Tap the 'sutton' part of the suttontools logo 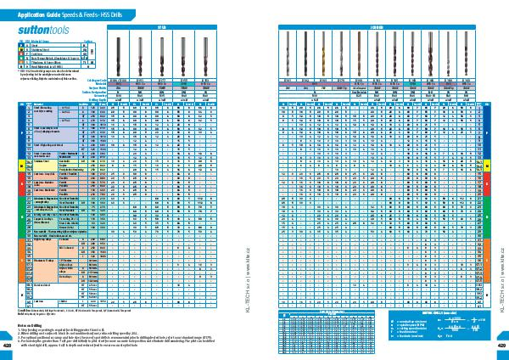click(25, 28)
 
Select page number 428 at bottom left click(8, 346)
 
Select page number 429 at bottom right click(501, 346)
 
